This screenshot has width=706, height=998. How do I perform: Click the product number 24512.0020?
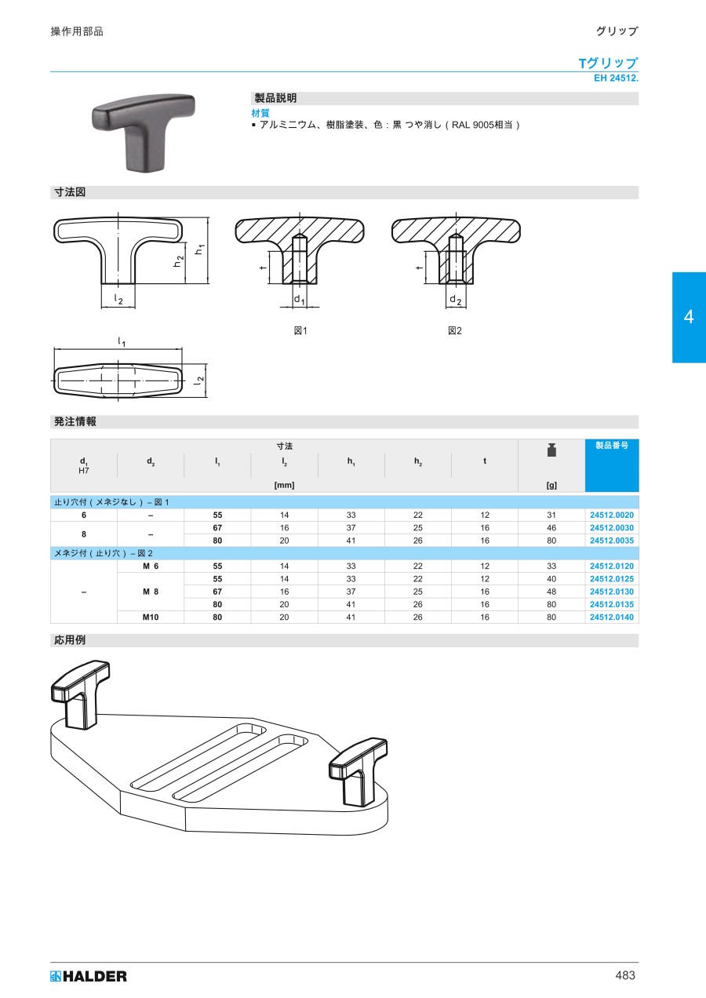coord(612,515)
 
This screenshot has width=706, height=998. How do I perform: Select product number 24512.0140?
coord(612,617)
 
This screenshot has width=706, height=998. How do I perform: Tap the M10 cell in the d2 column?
coord(151,617)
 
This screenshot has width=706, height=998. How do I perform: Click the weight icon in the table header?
coord(551,450)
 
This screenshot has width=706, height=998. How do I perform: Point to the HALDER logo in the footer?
coord(89,976)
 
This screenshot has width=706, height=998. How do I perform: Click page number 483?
coord(625,975)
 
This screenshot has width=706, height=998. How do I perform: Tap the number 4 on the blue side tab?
coord(689,317)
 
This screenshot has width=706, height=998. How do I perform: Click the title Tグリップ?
coord(608,63)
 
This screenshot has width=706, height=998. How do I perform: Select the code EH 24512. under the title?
coord(616,78)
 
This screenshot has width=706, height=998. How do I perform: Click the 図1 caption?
coord(300,330)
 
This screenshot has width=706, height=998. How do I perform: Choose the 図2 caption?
coord(454,330)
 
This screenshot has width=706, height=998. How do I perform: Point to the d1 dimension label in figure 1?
coord(300,300)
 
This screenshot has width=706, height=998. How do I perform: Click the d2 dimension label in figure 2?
coord(455,300)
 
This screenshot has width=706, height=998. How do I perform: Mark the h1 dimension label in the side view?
coord(199,249)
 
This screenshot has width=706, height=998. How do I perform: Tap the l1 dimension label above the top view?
coord(121,342)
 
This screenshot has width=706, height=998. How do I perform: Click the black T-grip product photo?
coord(144,132)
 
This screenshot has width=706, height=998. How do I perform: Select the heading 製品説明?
coord(275,98)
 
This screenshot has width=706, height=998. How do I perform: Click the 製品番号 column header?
coord(612,445)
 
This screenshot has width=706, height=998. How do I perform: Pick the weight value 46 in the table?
coord(551,528)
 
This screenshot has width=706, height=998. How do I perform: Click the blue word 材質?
coord(260,113)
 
